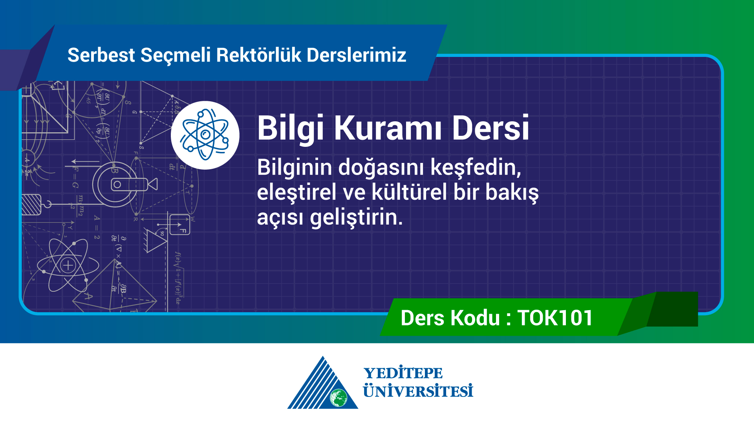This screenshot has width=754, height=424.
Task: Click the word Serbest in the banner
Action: click(101, 55)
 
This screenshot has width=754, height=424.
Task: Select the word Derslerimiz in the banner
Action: click(357, 55)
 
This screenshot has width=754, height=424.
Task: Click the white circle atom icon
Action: click(205, 135)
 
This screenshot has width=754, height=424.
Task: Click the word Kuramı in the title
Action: click(388, 128)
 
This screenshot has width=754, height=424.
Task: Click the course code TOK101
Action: click(555, 318)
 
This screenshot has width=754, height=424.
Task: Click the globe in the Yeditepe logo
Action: click(339, 398)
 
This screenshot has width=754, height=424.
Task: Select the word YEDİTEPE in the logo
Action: click(403, 373)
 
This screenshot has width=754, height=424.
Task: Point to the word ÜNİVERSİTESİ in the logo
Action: click(418, 391)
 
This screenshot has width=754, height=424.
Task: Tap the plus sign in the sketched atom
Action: click(68, 266)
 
